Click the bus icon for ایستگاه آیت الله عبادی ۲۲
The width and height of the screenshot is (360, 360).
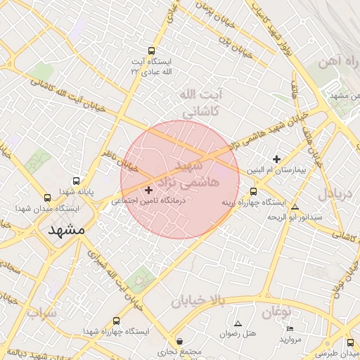point(152,51)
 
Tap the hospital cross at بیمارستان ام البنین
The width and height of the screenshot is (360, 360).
point(277,160)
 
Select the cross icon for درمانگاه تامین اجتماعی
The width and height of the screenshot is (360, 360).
point(148,190)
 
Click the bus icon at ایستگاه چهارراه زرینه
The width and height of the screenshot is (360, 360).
point(253,191)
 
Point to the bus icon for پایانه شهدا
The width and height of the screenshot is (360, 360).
point(76,181)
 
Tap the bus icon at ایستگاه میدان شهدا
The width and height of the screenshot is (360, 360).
point(47,198)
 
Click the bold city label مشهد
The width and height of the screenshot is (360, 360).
point(67,230)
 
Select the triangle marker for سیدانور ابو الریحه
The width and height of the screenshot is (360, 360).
point(295,207)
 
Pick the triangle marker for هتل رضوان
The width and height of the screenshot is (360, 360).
point(238,323)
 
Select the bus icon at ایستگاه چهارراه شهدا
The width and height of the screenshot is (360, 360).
point(116,321)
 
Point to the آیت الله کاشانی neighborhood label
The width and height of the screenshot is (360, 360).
point(201,103)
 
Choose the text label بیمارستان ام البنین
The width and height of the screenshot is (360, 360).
point(274,171)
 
